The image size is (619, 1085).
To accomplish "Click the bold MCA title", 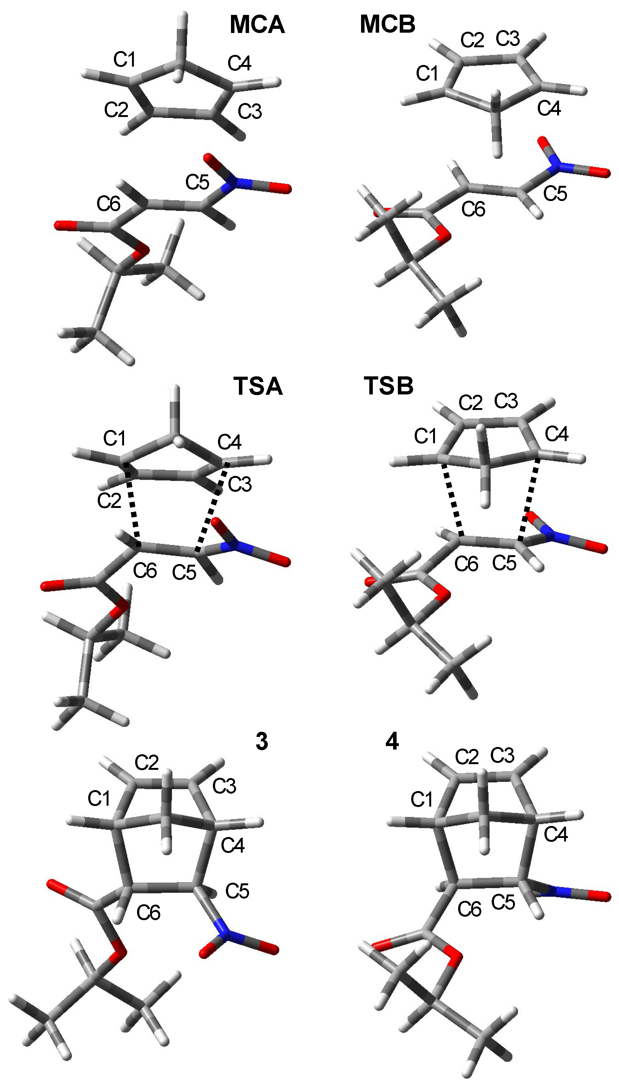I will (x=257, y=25).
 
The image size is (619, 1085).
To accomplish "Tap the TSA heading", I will (x=258, y=387).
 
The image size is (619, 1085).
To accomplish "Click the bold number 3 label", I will (x=261, y=741).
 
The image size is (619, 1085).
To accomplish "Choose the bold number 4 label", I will (x=392, y=741).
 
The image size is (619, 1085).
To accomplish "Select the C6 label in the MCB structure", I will (x=473, y=209).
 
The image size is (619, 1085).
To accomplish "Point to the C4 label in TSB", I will (x=556, y=434).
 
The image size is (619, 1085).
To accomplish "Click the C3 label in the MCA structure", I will (x=250, y=112).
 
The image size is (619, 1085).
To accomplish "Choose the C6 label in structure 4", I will (x=469, y=909).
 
